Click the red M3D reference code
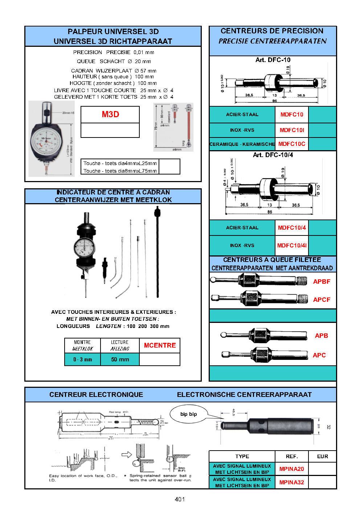(110, 115)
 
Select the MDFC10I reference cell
(292, 130)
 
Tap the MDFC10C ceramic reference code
(292, 144)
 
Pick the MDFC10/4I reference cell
(292, 245)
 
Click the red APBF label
(322, 282)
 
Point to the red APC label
(319, 355)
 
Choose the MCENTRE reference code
(160, 345)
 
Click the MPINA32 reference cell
(292, 483)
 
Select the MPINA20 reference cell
(292, 469)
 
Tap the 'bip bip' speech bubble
(189, 414)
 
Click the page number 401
(180, 499)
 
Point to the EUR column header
(322, 456)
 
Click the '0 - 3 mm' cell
(83, 360)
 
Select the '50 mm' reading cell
(120, 360)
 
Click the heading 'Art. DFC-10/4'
(273, 155)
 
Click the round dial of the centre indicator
(85, 248)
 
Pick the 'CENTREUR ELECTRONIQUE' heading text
(96, 395)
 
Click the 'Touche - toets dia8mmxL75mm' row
(120, 171)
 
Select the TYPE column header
(242, 456)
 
